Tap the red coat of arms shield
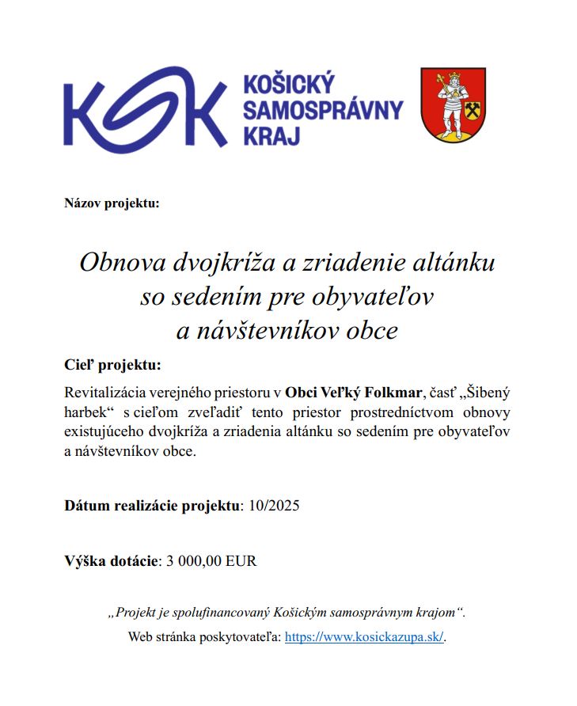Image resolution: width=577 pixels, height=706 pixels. tap(453, 104)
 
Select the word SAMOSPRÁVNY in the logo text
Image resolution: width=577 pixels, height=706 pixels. tap(323, 110)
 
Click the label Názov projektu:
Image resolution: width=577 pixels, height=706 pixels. tap(112, 203)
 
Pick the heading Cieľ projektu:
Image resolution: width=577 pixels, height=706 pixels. tap(112, 365)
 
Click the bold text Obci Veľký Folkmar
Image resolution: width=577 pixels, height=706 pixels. tap(354, 391)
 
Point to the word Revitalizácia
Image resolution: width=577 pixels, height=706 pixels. tap(108, 391)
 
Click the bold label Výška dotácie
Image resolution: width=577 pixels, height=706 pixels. tap(111, 561)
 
